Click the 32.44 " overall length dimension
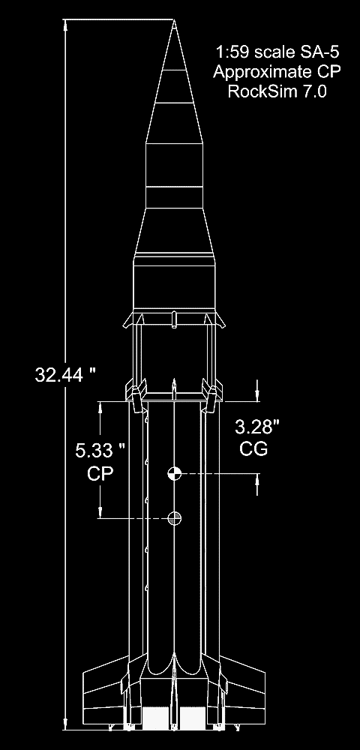click(65, 374)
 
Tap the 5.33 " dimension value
click(100, 451)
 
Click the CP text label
click(100, 473)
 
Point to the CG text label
click(253, 448)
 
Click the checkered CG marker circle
click(174, 474)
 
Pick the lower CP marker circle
click(175, 518)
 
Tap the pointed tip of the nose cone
click(174, 20)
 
